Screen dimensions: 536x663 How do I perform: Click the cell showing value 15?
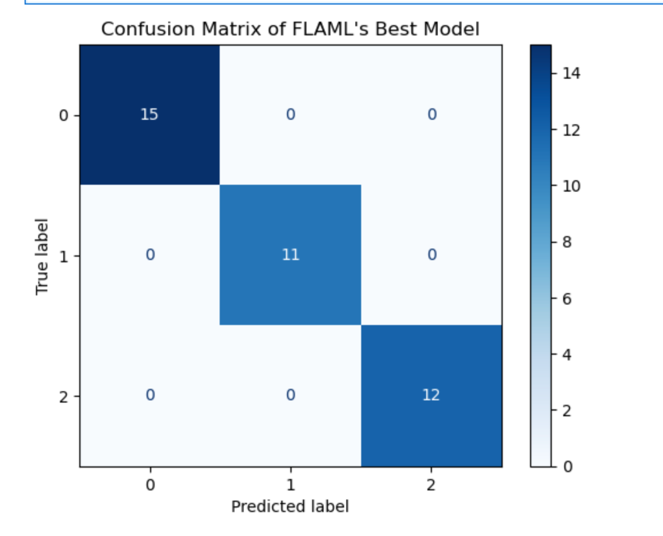[x=149, y=115]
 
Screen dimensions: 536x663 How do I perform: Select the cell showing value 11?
[x=290, y=255]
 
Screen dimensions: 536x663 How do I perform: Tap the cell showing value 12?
[x=431, y=395]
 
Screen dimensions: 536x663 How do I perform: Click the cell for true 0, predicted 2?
[x=431, y=115]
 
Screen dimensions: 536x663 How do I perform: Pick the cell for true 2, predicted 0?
[x=149, y=395]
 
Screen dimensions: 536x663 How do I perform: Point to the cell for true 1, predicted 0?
[x=149, y=255]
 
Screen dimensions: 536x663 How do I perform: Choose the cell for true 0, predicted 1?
[x=290, y=115]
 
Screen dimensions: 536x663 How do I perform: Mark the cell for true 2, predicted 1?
[x=290, y=395]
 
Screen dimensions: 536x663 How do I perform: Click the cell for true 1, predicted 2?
[x=431, y=255]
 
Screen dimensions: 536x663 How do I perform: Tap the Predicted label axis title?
[x=290, y=506]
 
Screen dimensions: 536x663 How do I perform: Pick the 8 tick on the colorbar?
[x=567, y=242]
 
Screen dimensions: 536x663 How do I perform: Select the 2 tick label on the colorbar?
[x=567, y=411]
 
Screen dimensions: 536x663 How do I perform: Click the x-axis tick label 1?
[x=290, y=485]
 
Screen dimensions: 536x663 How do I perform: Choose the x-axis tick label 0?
[x=150, y=485]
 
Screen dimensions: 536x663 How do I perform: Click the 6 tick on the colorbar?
[x=567, y=298]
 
